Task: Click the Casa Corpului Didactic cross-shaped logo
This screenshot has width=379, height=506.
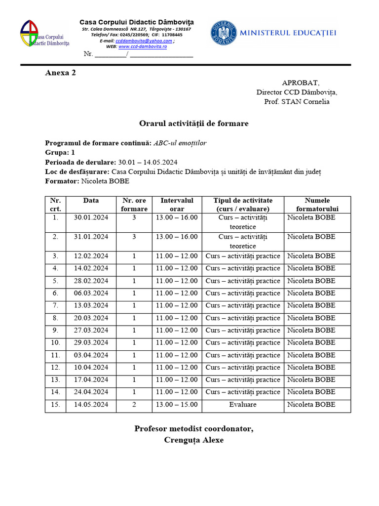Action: (x=29, y=34)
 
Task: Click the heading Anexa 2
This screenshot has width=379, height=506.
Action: (x=61, y=73)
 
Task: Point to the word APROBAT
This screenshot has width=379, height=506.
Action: (x=301, y=83)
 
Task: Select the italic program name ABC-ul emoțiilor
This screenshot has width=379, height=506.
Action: (x=180, y=143)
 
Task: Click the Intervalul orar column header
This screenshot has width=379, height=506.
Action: (x=177, y=205)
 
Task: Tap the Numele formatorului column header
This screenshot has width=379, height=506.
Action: (x=317, y=205)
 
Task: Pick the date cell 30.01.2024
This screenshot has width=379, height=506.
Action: (x=91, y=217)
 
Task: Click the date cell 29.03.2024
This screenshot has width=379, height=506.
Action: (x=91, y=342)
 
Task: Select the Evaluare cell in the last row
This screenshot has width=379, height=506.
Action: (x=243, y=404)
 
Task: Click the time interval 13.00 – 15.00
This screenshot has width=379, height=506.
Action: (x=177, y=404)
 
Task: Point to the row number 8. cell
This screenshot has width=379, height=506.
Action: (x=56, y=318)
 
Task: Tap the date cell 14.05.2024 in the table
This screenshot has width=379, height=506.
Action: (x=91, y=404)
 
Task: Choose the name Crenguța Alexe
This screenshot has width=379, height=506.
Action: (x=193, y=440)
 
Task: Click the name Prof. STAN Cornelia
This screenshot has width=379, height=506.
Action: (x=297, y=102)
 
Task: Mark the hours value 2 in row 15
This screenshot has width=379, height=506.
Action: (x=134, y=404)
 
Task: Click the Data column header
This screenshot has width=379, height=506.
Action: (x=91, y=201)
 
